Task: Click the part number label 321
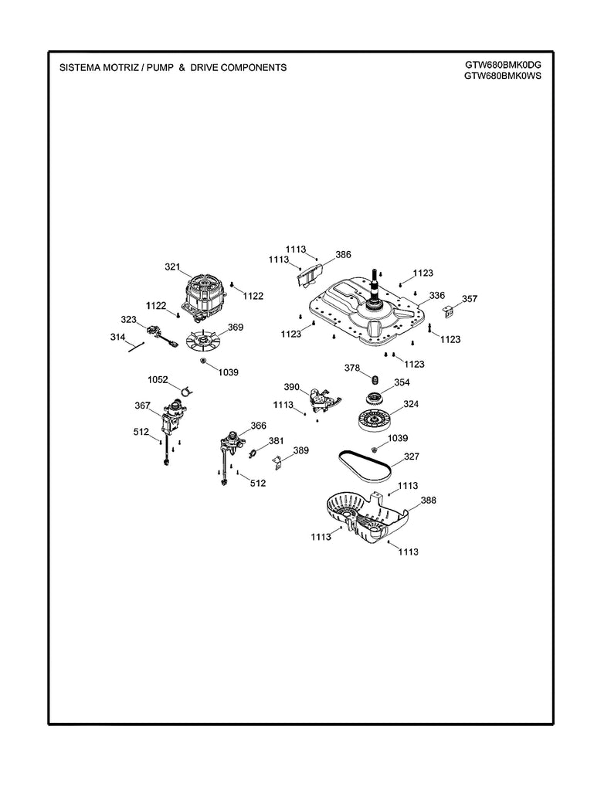[x=172, y=268]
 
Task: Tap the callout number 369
[x=235, y=328]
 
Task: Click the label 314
[x=117, y=338]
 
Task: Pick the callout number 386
[x=343, y=254]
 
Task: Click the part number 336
[x=437, y=296]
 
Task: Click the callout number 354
[x=402, y=382]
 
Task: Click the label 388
[x=428, y=501]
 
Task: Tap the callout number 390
[x=291, y=386]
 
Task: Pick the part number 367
[x=142, y=406]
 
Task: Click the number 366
[x=258, y=426]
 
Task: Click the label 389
[x=300, y=450]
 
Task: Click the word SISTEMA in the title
[x=80, y=68]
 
